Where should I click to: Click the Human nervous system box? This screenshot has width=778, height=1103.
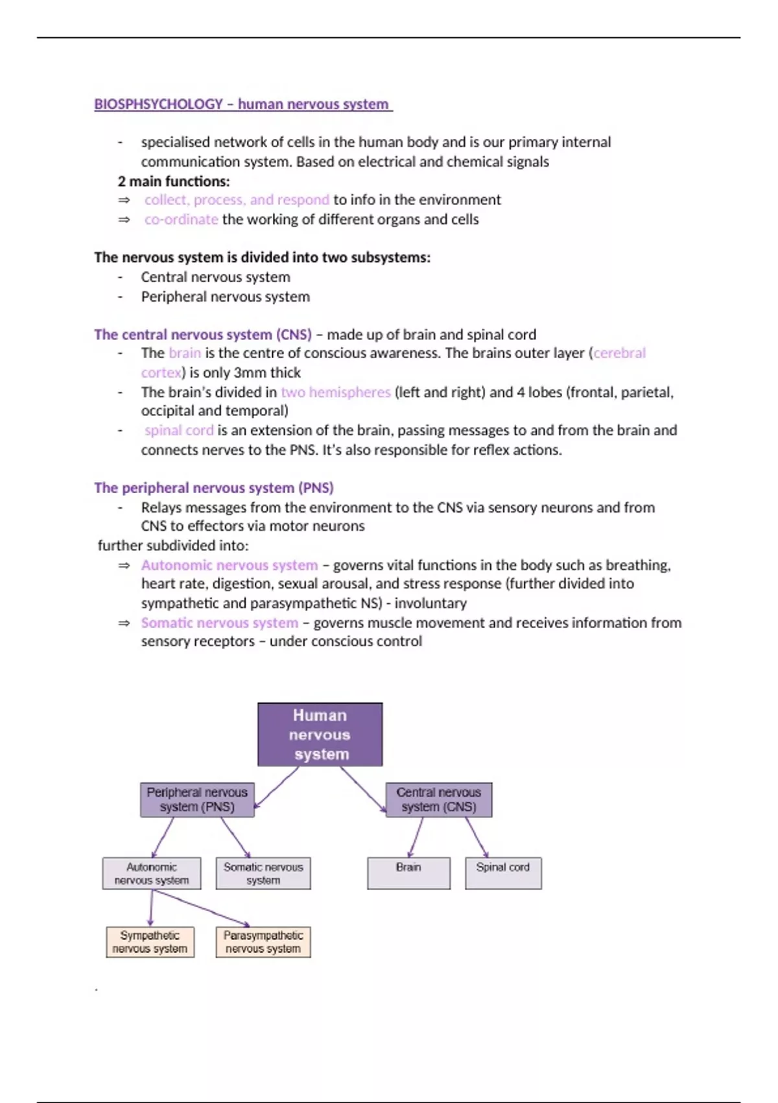pos(320,734)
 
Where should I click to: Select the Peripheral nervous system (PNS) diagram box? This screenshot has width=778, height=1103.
pos(197,799)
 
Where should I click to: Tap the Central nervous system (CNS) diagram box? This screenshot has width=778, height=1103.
pos(439,799)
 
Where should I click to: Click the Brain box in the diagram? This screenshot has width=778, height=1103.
pos(408,873)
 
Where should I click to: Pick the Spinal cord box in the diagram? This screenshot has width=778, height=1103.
pos(503,873)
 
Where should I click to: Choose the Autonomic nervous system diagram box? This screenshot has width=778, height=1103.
pos(152,873)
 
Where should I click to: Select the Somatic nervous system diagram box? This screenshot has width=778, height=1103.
pos(263,873)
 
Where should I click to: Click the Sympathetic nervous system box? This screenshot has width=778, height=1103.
pos(150,942)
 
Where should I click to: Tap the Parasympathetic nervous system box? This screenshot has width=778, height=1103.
pos(263,942)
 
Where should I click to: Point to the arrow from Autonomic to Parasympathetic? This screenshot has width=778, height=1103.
pos(201,908)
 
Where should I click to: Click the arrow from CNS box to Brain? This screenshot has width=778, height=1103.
pos(416,837)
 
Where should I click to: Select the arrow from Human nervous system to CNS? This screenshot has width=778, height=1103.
pos(362,788)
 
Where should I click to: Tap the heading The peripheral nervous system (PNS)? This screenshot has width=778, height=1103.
pos(214,488)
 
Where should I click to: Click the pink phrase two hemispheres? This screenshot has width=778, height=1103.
pos(335,392)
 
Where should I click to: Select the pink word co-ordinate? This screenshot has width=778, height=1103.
pos(182,219)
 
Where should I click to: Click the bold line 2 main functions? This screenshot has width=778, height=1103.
pos(174,181)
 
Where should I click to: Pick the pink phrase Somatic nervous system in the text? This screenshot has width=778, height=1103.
pos(220,623)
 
